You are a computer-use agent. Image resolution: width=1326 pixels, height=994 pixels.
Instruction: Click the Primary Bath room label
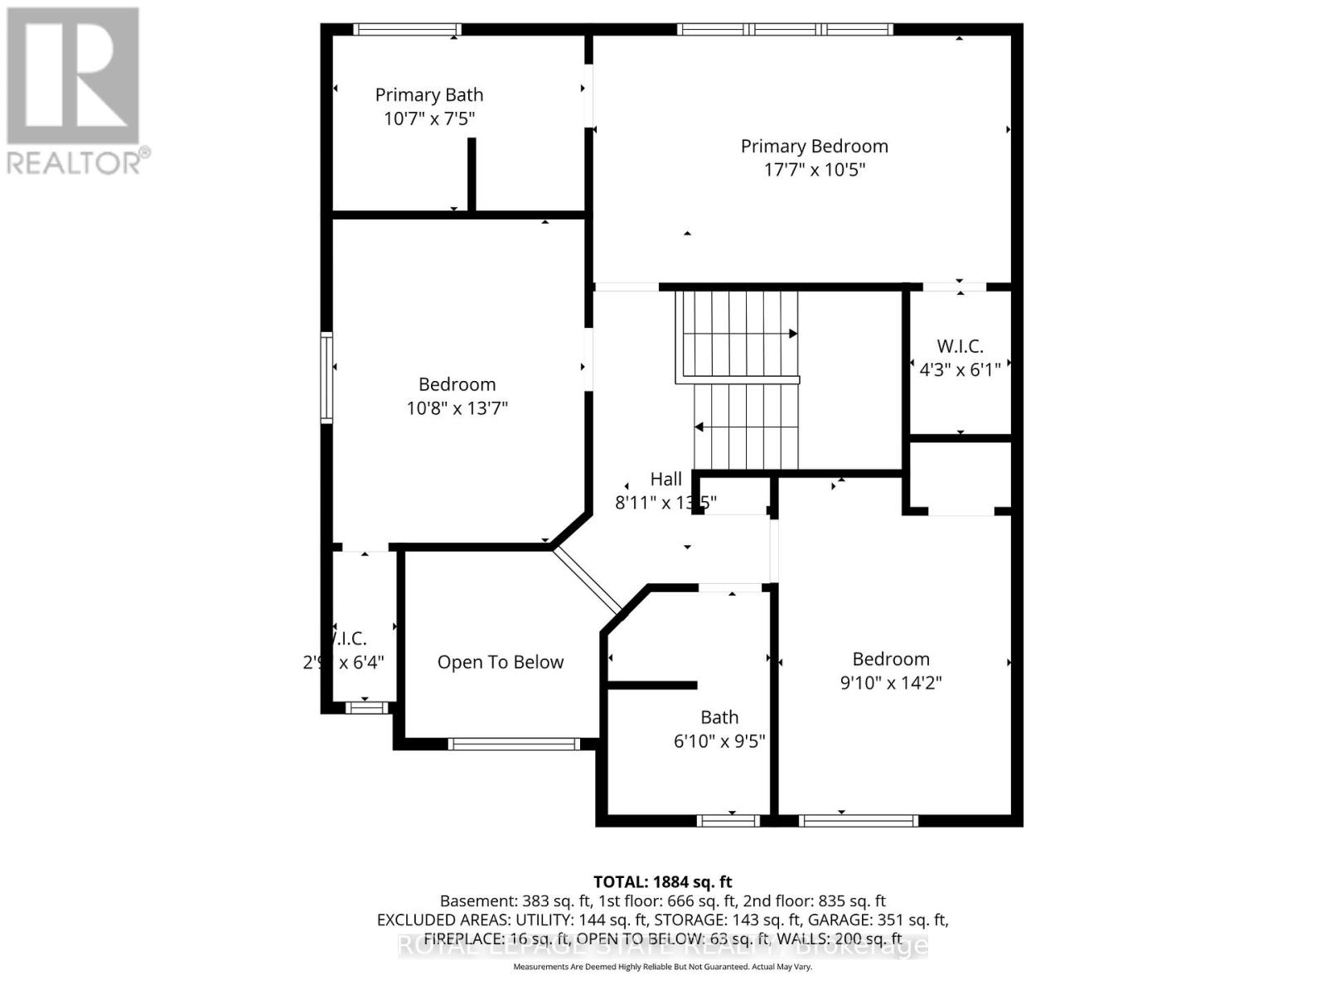428,95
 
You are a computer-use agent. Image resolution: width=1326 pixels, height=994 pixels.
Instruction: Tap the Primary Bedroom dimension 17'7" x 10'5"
814,170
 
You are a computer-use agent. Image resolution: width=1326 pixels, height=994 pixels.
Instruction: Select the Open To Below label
501,662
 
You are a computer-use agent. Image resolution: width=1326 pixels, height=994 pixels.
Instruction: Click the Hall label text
665,479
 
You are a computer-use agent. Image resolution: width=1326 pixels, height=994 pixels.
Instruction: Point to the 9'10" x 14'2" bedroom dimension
891,683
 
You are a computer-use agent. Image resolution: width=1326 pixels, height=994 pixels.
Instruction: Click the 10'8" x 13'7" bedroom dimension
457,408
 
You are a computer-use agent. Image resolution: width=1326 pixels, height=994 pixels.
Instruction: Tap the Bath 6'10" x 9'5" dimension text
719,741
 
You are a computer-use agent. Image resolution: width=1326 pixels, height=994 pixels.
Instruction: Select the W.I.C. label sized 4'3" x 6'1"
960,346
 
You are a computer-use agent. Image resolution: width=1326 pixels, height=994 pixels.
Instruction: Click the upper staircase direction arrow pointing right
791,333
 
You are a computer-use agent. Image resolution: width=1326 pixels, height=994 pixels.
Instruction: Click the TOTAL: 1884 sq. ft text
662,882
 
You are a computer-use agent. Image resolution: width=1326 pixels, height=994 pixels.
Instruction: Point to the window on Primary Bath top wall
407,29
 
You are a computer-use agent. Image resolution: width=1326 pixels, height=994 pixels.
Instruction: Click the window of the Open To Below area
514,744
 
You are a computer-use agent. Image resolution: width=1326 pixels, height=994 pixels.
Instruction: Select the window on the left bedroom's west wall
327,378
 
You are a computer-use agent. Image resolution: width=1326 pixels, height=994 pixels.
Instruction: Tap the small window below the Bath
728,821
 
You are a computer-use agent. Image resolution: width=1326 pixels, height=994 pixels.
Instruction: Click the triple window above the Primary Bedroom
785,29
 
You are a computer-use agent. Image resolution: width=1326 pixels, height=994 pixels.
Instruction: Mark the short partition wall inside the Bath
652,685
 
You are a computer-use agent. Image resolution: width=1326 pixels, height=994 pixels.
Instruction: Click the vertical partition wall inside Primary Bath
472,174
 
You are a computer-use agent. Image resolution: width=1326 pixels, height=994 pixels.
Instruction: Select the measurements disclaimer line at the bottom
662,967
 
